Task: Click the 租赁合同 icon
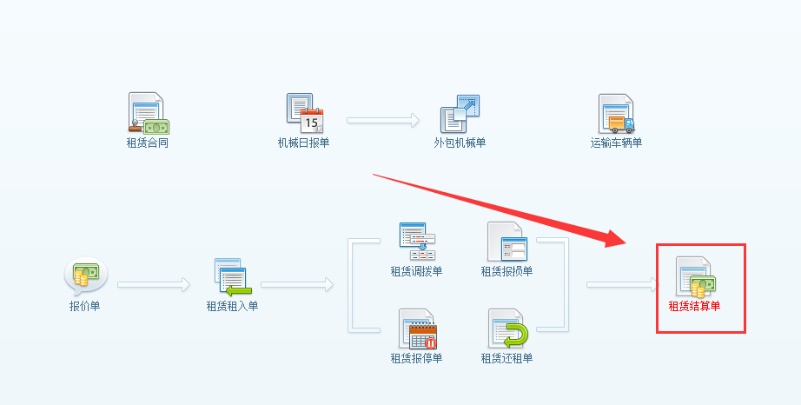pos(148,114)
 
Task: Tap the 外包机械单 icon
pos(460,114)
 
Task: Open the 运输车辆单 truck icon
pos(616,114)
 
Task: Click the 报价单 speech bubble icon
pos(84,277)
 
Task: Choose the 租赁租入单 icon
pos(232,277)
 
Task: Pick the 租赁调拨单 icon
pos(416,242)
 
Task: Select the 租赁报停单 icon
pos(416,329)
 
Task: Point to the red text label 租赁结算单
pos(694,306)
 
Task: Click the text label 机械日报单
pos(303,143)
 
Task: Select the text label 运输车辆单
pos(616,143)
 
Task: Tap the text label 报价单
pos(84,306)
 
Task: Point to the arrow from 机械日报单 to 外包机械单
pos(382,121)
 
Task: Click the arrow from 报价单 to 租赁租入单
pos(153,284)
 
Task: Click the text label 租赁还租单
pos(506,358)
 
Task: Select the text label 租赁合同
pos(147,143)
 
